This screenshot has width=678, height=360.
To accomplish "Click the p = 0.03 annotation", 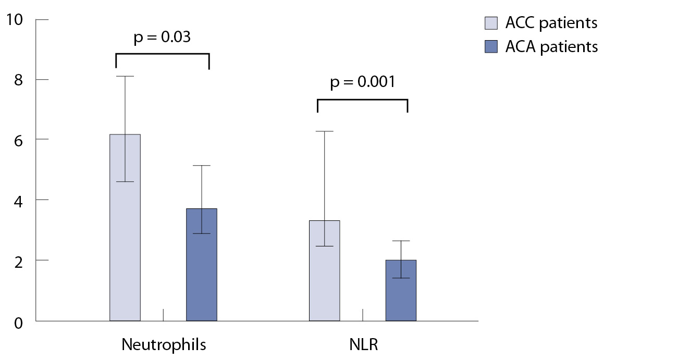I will pos(162,38).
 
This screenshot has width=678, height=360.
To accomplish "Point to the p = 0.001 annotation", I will pos(362,82).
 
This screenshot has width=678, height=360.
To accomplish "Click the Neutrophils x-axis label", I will pos(164,344).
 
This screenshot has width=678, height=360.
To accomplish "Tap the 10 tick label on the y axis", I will pos(15,20).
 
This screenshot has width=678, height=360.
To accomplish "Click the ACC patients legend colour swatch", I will pos(491,23).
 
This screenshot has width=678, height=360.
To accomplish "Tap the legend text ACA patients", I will pos(551,47).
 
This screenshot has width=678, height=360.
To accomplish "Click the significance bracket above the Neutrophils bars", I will pos(162,54).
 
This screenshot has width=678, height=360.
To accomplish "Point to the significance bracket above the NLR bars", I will pos(362,99).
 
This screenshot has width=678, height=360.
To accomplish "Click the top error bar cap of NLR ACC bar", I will pos(325,131).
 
